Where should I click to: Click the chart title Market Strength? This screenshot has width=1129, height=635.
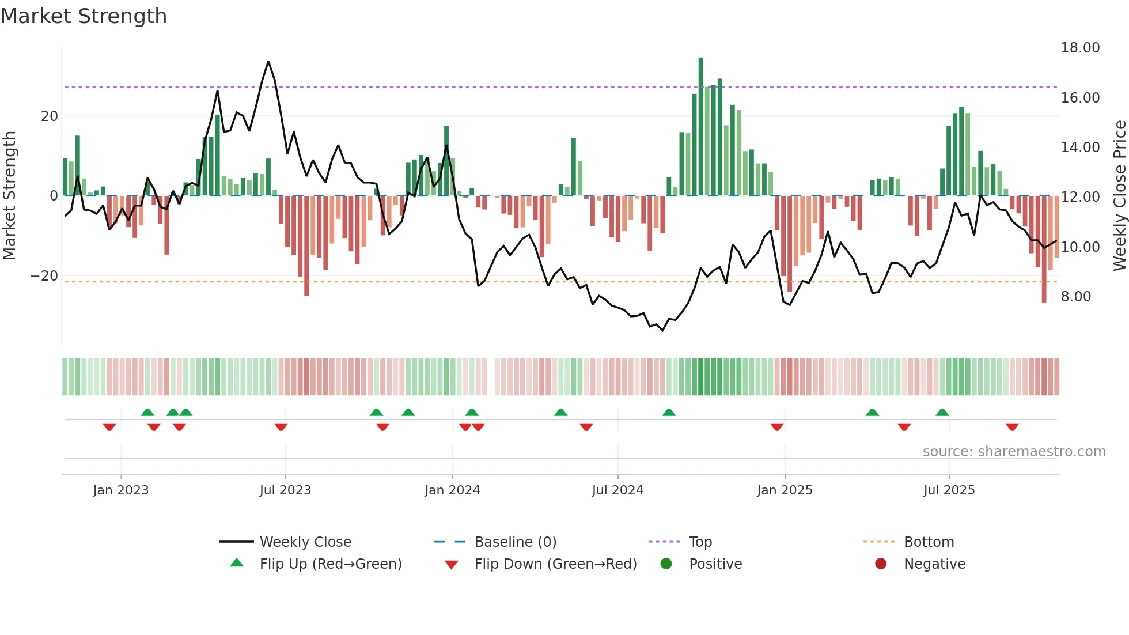(84, 16)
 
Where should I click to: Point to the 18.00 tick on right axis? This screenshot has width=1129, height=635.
(1080, 48)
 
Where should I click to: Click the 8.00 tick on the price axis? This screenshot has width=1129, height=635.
(1075, 297)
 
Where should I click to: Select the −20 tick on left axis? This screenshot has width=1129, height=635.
(44, 276)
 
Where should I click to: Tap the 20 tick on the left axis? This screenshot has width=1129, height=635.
(50, 116)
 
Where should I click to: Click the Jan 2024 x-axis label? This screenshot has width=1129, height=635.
(452, 490)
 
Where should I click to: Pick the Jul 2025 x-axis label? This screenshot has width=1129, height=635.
(949, 490)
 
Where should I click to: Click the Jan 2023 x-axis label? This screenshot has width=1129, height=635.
(120, 490)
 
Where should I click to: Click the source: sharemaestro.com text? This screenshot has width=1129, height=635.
(1014, 452)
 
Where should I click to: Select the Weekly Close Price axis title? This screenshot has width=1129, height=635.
(1119, 196)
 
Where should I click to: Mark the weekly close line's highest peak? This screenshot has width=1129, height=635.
(268, 62)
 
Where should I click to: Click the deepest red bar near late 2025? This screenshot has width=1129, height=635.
(1044, 254)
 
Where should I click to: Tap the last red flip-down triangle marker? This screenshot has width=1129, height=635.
(1012, 427)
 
